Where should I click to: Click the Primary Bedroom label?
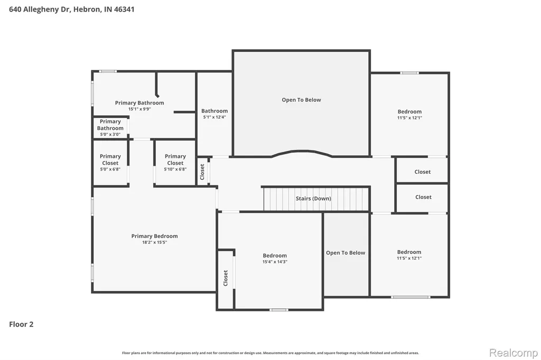point(155,236)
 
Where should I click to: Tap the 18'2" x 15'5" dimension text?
point(155,242)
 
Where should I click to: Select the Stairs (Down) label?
point(313,198)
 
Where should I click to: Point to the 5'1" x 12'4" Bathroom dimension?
point(214,117)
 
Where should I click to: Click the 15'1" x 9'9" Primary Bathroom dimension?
point(139,109)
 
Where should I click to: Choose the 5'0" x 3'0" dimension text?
point(110,135)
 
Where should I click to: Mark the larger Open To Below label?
point(301,100)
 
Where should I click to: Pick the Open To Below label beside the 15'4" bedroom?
point(346,253)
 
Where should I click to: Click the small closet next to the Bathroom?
point(202,172)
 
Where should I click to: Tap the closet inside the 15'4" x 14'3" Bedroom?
point(225,278)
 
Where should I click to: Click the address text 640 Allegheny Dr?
point(39,10)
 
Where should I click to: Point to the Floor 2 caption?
point(21,324)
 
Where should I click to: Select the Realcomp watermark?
point(514,353)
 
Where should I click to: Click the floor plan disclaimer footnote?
point(270,353)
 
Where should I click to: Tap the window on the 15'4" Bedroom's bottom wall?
point(279,310)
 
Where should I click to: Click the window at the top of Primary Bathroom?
point(108,71)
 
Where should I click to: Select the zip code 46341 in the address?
point(124,10)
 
